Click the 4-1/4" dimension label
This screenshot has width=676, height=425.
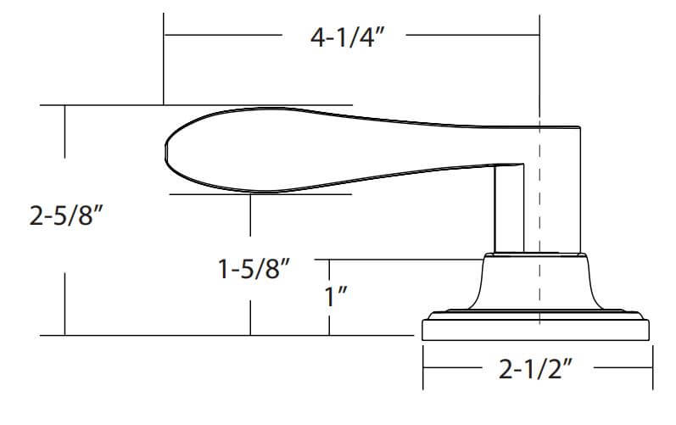(347, 37)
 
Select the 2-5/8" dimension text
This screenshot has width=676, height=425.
(66, 215)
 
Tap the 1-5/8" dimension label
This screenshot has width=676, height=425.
(254, 269)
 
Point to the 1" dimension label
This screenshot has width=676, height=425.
(336, 296)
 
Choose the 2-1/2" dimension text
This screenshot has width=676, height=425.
(535, 369)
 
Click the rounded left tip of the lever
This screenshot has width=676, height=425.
(166, 152)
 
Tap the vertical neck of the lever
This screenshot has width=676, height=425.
(509, 209)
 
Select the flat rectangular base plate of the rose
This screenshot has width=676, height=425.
(535, 330)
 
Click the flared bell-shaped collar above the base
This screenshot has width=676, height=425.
(535, 282)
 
